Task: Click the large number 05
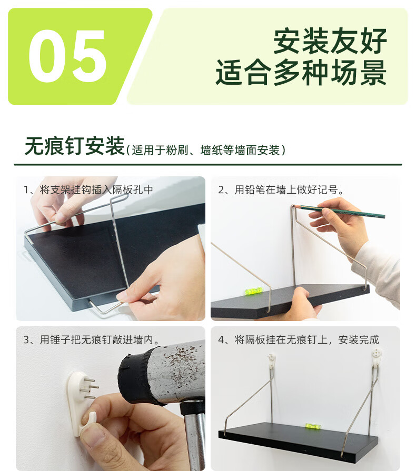67,56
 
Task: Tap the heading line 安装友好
330,41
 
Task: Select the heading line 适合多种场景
301,73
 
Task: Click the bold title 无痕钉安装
75,146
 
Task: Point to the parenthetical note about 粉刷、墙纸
205,150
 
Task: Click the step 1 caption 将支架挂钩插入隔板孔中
88,189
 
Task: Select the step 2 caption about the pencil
281,189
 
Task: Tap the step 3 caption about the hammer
92,340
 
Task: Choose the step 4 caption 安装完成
299,340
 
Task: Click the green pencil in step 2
340,211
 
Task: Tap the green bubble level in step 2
254,290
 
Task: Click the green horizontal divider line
208,165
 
